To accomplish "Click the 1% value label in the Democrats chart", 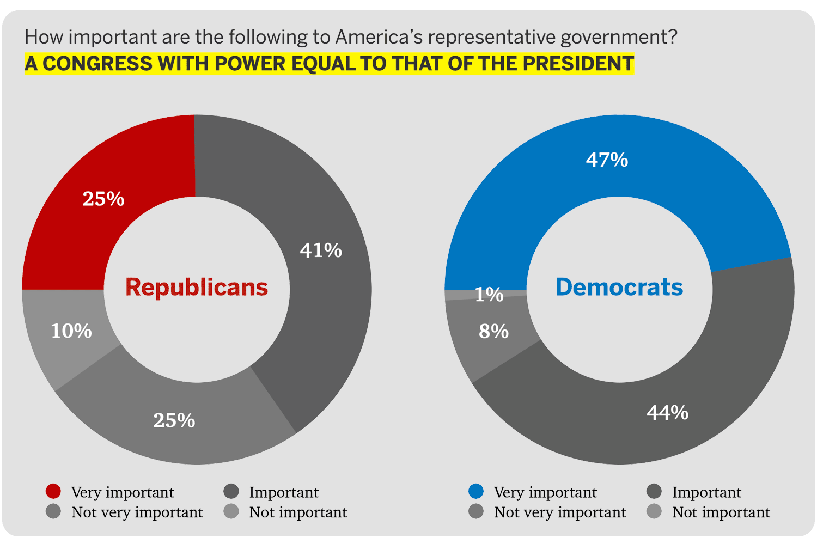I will [x=489, y=295].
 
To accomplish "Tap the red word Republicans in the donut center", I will [x=197, y=287].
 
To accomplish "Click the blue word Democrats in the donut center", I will [x=619, y=287].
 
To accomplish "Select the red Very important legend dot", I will [x=53, y=492].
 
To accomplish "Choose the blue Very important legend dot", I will [x=476, y=492].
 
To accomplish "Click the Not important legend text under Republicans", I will [x=298, y=512].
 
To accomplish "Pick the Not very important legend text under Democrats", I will [x=560, y=512].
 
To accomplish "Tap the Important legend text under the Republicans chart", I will [x=284, y=492].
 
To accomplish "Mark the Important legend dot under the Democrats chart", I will [x=654, y=492].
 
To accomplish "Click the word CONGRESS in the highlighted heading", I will [x=97, y=64].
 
